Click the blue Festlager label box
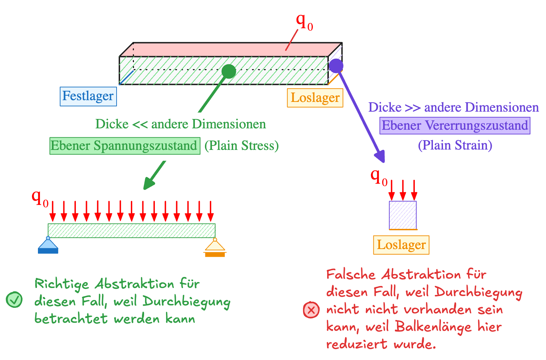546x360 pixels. click(88, 96)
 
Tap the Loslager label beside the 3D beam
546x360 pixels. click(315, 98)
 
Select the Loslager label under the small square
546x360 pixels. click(401, 245)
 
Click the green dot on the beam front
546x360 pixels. click(229, 71)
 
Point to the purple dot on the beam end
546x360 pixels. click(336, 66)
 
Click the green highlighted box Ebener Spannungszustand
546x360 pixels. click(125, 146)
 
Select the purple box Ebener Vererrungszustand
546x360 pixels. click(454, 126)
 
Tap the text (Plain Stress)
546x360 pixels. click(242, 146)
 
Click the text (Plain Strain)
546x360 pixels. click(455, 145)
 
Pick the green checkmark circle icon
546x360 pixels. click(14, 299)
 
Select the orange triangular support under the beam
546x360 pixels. click(215, 248)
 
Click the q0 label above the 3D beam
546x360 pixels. click(304, 22)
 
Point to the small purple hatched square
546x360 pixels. click(403, 215)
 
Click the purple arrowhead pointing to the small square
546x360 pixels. click(380, 157)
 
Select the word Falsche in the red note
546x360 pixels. click(351, 275)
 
